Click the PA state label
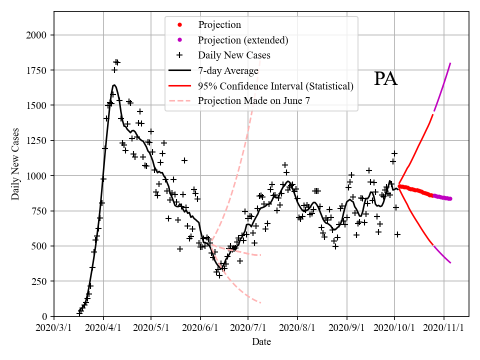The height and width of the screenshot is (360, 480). [385, 79]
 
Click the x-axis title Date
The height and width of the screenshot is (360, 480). [261, 342]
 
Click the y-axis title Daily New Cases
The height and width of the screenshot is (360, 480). [15, 164]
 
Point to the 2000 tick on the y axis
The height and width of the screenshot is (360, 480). [37, 35]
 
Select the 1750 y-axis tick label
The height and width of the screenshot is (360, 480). [37, 70]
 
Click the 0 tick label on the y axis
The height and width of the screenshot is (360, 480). [45, 316]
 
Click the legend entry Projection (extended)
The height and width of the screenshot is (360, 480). [243, 40]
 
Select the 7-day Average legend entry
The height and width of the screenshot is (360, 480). [228, 70]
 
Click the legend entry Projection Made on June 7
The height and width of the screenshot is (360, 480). [254, 100]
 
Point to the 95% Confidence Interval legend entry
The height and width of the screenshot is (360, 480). [275, 85]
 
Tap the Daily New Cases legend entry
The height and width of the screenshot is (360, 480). [234, 55]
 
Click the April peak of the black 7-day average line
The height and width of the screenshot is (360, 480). [114, 85]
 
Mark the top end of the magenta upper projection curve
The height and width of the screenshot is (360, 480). [450, 63]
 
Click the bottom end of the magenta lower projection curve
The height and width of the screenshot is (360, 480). [450, 263]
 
